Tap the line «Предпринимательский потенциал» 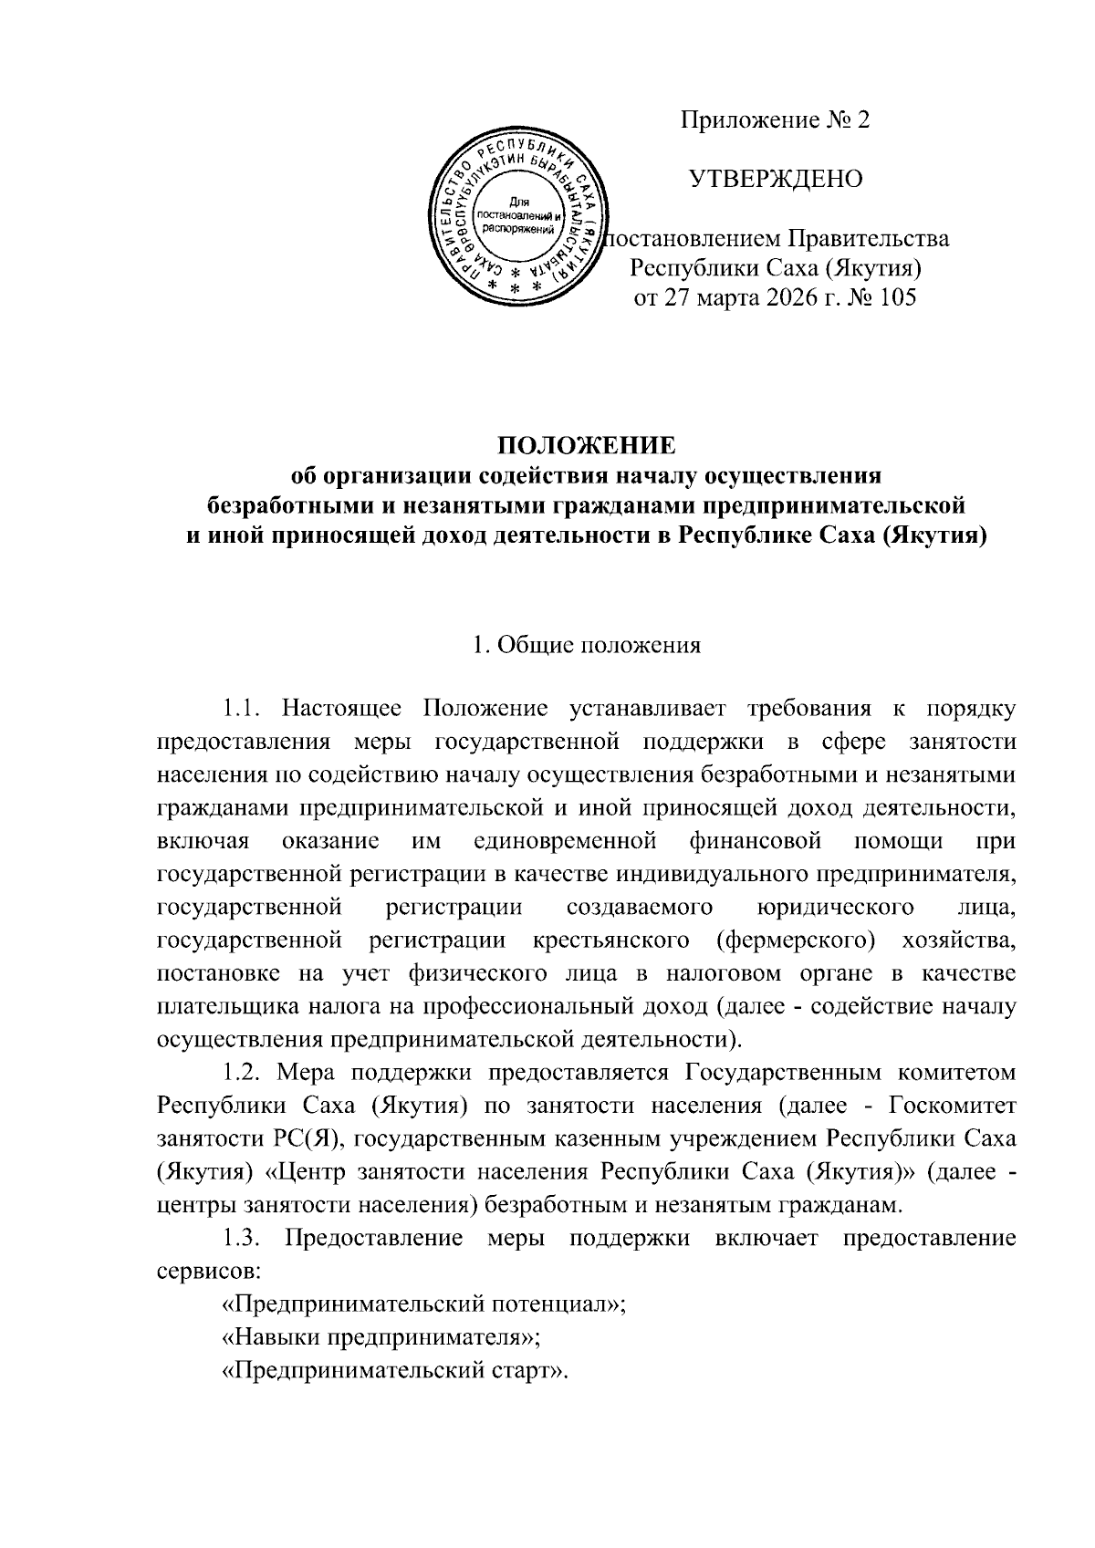pos(423,1304)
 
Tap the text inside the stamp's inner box pos(517,215)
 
